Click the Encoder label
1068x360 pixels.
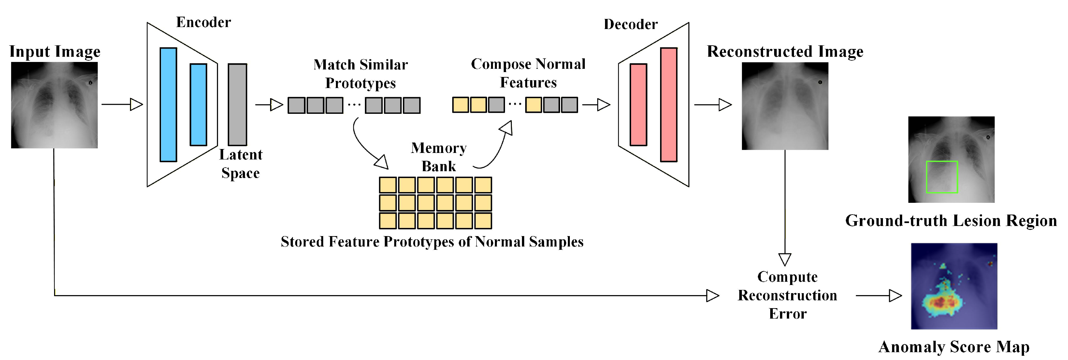(x=204, y=22)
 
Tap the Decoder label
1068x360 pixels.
(x=630, y=24)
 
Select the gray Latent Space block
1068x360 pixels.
(x=238, y=105)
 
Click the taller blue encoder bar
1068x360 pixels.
(x=168, y=105)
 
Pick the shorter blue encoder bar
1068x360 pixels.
(x=198, y=105)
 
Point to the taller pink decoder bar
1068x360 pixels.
(x=669, y=105)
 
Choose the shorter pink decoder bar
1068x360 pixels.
(x=639, y=105)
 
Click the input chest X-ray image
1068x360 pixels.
(x=54, y=105)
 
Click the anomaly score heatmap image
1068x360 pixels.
(x=954, y=286)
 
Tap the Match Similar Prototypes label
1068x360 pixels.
(x=361, y=73)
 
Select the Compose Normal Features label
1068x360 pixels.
(x=528, y=73)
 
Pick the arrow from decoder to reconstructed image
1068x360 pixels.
(x=713, y=105)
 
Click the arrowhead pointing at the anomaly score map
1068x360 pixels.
(x=896, y=296)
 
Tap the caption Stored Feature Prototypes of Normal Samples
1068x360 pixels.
(x=432, y=242)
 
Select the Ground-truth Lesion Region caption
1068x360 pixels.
(x=951, y=221)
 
